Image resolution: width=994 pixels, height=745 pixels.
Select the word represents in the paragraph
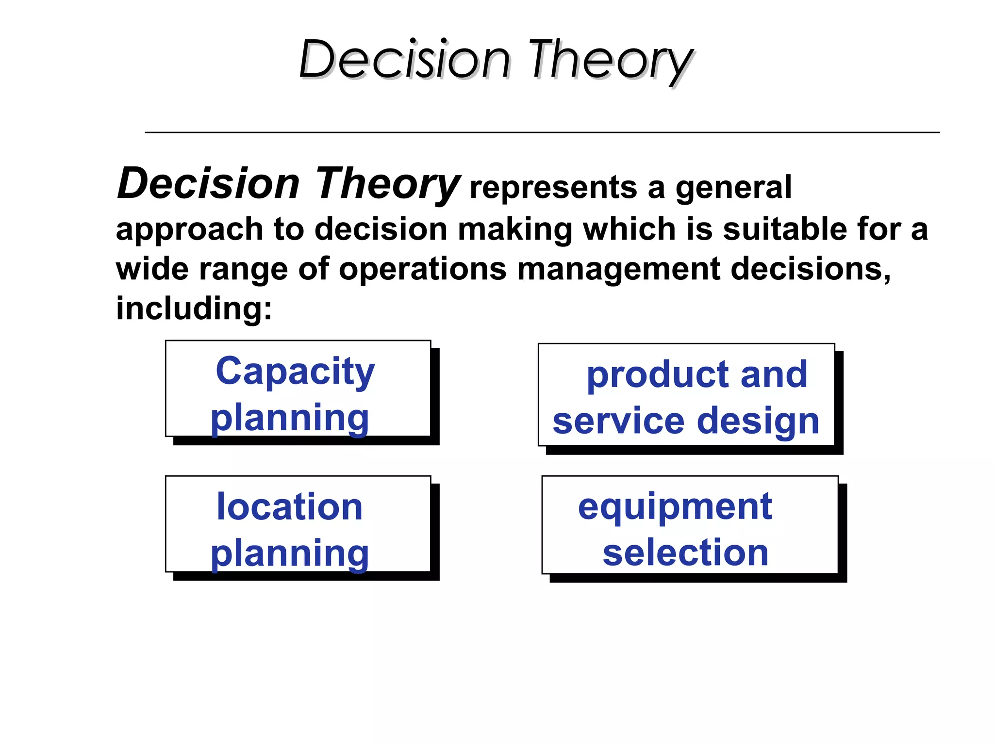pyautogui.click(x=554, y=188)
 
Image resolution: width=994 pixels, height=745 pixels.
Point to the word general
pyautogui.click(x=733, y=188)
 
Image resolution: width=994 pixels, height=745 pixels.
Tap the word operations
pyautogui.click(x=422, y=270)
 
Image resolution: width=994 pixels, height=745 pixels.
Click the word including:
pyautogui.click(x=194, y=308)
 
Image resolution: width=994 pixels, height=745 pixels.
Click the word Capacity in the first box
pyautogui.click(x=295, y=371)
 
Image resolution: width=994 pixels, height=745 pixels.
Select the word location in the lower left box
pyautogui.click(x=290, y=507)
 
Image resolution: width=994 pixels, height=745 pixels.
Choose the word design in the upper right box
pyautogui.click(x=758, y=421)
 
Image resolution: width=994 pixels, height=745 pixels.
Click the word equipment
pyautogui.click(x=675, y=507)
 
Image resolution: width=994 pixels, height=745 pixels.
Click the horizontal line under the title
pyautogui.click(x=542, y=132)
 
